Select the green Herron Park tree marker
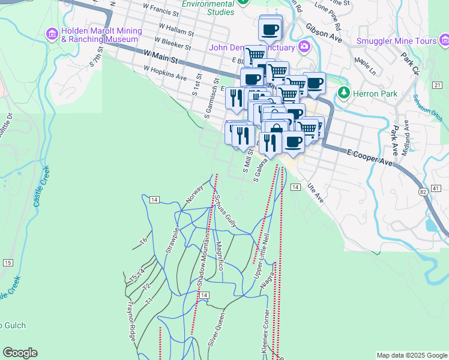[x=343, y=93]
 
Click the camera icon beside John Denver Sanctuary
[x=305, y=47]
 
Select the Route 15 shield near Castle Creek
[x=8, y=263]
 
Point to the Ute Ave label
[x=315, y=193]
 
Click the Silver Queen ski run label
[x=217, y=329]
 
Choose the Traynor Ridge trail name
[x=130, y=322]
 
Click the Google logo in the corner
[x=20, y=353]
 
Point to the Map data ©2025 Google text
[x=411, y=355]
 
